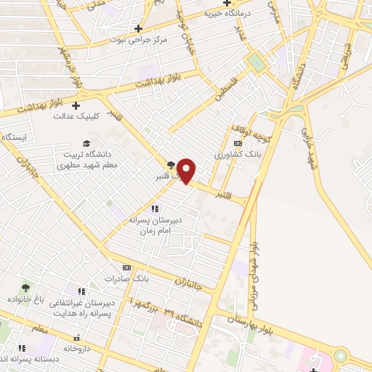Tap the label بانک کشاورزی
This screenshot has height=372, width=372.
pyautogui.click(x=216, y=155)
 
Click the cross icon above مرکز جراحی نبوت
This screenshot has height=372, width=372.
pyautogui.click(x=138, y=28)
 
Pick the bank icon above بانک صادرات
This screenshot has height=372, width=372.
pyautogui.click(x=126, y=267)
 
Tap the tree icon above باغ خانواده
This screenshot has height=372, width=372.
pyautogui.click(x=27, y=288)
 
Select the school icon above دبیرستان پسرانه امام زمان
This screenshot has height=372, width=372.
pyautogui.click(x=153, y=209)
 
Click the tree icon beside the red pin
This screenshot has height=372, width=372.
pyautogui.click(x=171, y=164)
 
